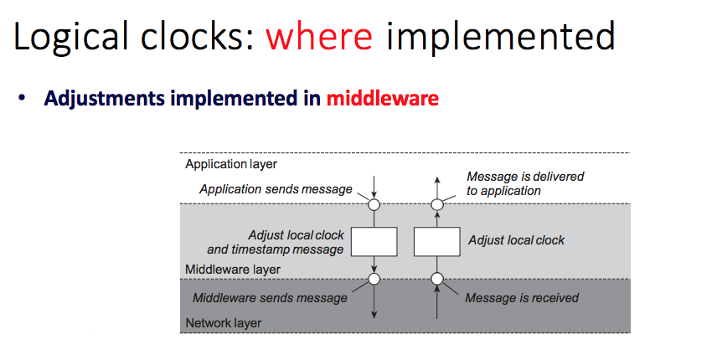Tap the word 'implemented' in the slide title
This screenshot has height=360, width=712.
tap(501, 38)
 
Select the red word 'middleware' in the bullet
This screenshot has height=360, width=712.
tap(382, 99)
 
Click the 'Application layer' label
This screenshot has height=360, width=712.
tap(231, 164)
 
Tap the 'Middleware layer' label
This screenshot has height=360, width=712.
tap(233, 270)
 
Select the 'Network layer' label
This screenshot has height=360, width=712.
tap(224, 322)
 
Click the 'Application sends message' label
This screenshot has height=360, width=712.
tap(276, 189)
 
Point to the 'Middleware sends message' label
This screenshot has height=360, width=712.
tap(270, 298)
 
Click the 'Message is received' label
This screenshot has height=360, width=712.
tap(521, 298)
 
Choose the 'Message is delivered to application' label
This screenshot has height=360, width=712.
tap(524, 183)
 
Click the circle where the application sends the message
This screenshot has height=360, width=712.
tap(374, 203)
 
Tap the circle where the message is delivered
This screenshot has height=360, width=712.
tap(436, 203)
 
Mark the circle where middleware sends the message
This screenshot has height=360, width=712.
tap(374, 279)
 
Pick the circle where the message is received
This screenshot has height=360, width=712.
tap(436, 279)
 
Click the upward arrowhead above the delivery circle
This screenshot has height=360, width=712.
tap(436, 180)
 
